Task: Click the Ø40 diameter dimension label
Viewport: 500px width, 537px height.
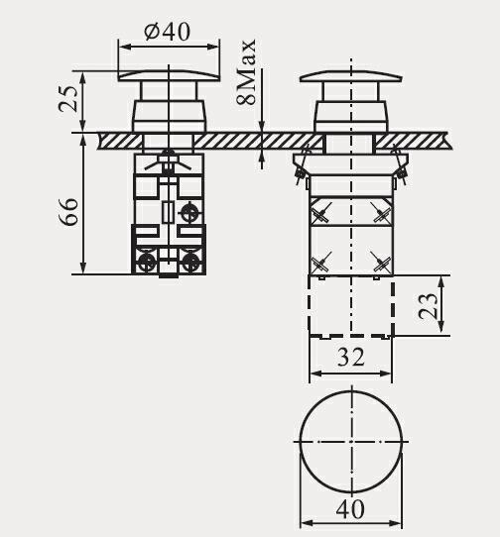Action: pos(167,32)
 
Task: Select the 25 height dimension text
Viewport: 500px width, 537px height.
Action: pos(68,98)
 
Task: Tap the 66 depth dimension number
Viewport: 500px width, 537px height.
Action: pos(68,211)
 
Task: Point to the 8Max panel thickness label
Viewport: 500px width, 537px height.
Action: pos(246,72)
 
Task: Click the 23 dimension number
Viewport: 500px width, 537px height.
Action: pos(428,306)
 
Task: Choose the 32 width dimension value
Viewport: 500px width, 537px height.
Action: pos(351,357)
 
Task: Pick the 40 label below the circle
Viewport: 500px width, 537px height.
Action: pos(350,509)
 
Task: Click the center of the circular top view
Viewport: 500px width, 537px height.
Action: pos(351,442)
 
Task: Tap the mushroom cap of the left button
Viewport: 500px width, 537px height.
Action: pos(169,76)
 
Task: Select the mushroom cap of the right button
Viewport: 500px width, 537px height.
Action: pos(351,76)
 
